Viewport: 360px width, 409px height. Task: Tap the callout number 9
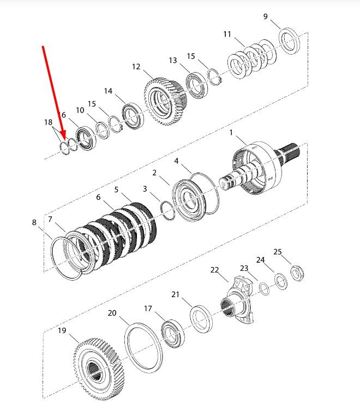tap(266, 16)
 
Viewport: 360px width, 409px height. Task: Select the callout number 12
tap(136, 67)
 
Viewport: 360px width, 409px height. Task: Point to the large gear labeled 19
tap(99, 369)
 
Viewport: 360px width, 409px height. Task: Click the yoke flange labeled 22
tap(237, 299)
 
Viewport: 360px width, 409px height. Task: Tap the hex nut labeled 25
tap(297, 273)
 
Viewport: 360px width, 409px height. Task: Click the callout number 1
tap(231, 133)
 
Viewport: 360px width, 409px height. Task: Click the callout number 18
tap(48, 122)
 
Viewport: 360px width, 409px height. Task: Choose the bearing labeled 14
tap(133, 116)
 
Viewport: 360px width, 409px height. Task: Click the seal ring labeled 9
tap(289, 41)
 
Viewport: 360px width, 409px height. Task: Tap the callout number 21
tap(175, 294)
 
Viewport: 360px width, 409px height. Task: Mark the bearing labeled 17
tap(173, 334)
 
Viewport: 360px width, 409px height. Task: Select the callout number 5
tap(116, 189)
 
